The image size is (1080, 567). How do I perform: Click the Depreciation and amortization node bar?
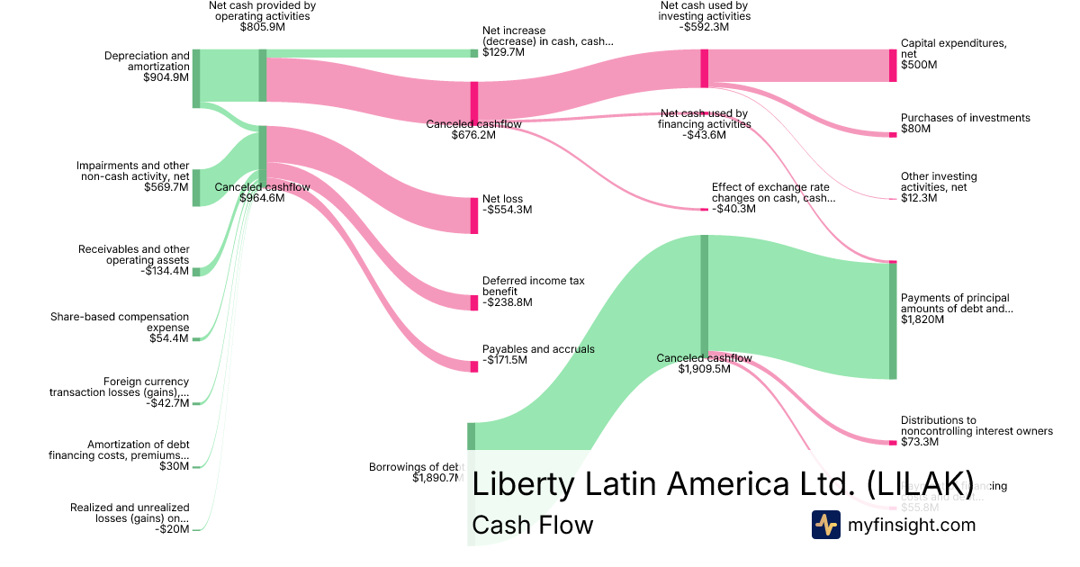point(196,78)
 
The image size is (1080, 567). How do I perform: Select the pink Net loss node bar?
point(474,215)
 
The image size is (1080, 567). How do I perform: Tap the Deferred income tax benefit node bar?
point(474,302)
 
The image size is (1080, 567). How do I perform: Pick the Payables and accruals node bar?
point(474,366)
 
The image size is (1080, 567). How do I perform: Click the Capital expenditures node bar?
point(893,66)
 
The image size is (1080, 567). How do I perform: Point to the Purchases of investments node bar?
point(893,134)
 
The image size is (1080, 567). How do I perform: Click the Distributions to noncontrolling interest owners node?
point(893,442)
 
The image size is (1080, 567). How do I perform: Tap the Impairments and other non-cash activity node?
point(196,187)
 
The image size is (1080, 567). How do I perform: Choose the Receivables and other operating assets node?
point(196,271)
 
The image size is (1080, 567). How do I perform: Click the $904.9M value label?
point(166,77)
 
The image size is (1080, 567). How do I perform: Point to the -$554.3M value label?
point(508,210)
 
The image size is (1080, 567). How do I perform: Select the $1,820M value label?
point(922,319)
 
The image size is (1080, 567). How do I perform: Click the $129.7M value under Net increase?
point(504,53)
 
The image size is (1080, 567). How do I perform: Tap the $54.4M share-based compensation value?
point(169,338)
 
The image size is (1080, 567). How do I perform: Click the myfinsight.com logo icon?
point(825,525)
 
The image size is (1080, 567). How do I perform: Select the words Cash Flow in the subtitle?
point(532,525)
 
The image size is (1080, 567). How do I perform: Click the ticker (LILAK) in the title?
point(920,483)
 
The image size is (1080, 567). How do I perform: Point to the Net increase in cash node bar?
point(474,53)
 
